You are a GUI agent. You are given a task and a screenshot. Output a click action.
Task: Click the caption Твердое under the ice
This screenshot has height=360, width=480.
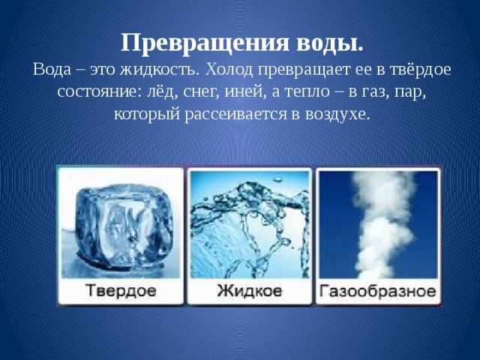[x=120, y=290]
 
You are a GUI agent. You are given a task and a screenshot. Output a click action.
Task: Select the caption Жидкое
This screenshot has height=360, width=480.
[x=250, y=290]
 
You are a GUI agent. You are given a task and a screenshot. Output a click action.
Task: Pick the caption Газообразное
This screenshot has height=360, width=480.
[x=378, y=290]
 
